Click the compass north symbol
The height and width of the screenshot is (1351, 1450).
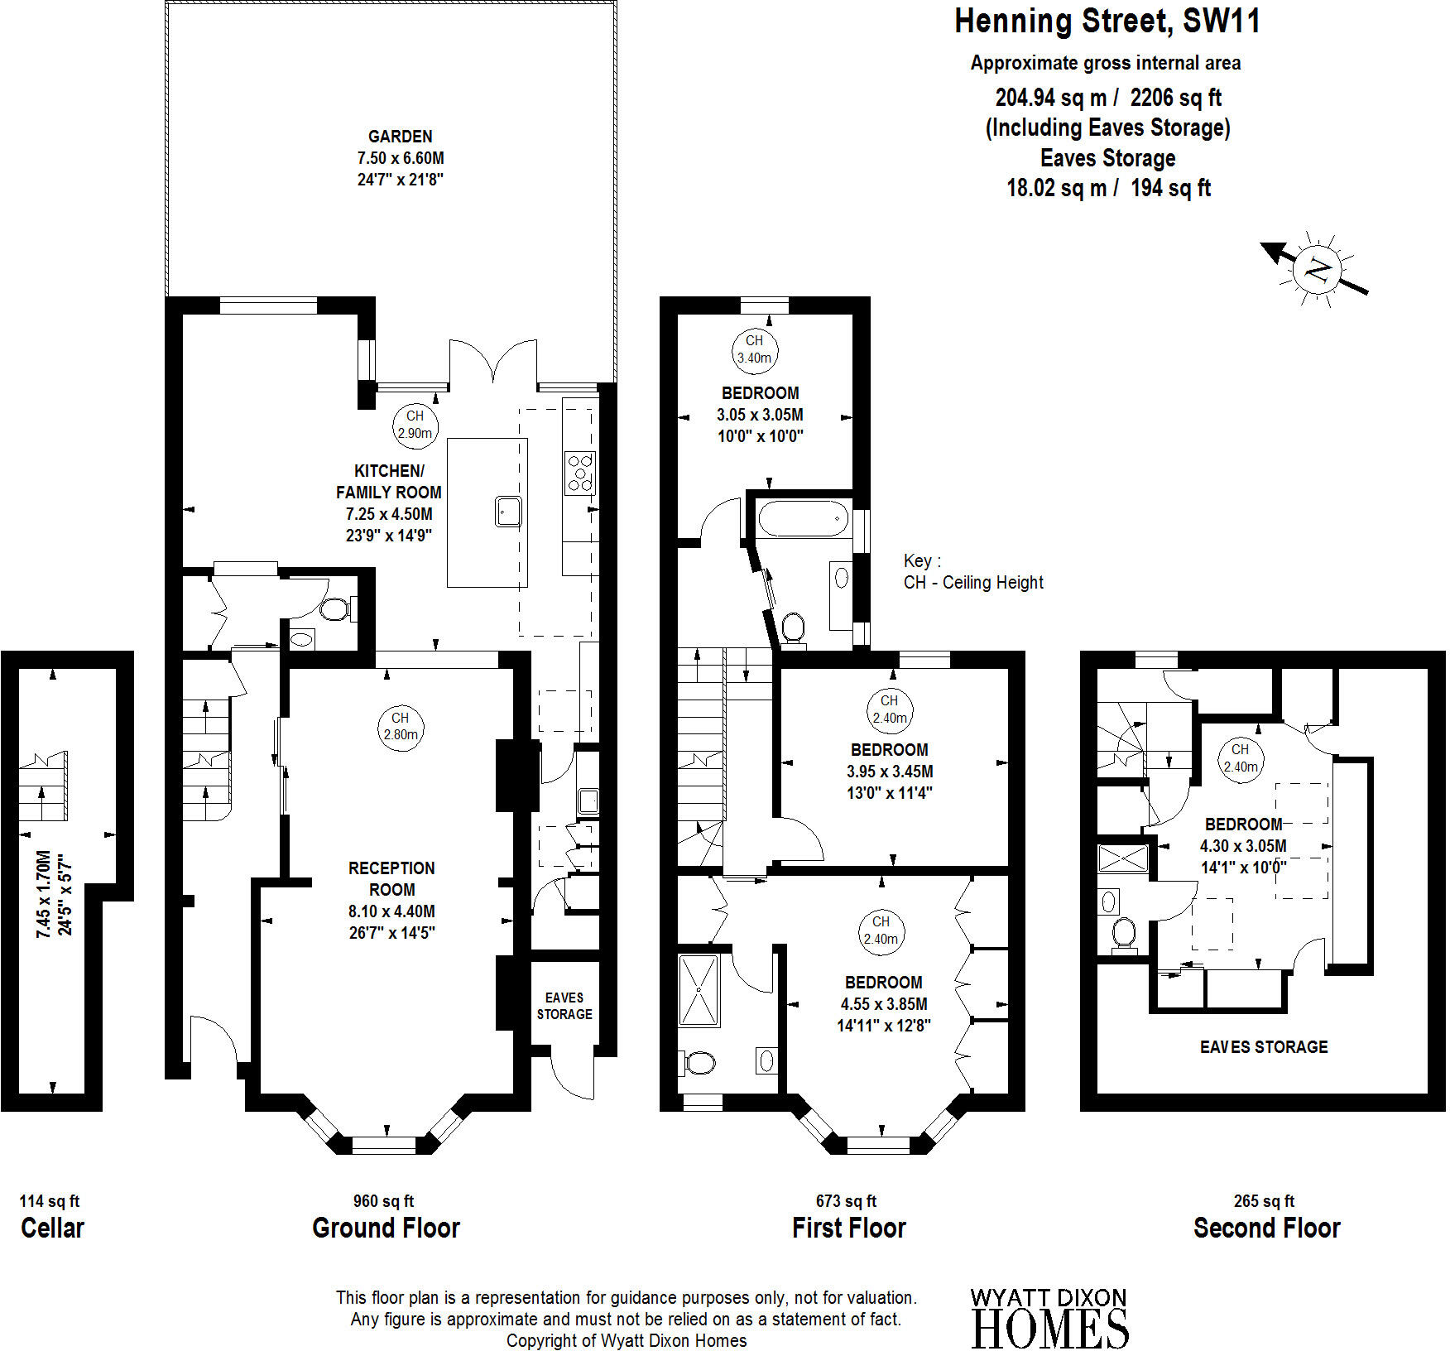point(1315,270)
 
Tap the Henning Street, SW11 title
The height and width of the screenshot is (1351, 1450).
point(1107,21)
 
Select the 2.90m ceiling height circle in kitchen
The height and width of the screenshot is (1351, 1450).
point(415,425)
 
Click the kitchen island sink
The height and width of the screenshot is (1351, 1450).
point(508,511)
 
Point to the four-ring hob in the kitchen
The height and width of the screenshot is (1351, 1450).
point(580,472)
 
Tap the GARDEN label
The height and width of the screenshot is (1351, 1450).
point(401,137)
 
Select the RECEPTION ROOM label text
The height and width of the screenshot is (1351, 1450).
point(391,878)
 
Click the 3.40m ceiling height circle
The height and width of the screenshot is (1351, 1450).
point(754,349)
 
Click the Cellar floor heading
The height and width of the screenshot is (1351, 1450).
point(52,1228)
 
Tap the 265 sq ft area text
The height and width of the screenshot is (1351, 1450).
point(1264,1201)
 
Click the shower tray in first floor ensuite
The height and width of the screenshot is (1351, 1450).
point(699,990)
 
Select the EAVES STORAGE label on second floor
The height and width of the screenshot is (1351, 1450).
point(1264,1047)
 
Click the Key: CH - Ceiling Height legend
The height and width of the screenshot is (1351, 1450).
point(973,572)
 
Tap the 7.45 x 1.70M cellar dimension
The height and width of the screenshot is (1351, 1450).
point(43,894)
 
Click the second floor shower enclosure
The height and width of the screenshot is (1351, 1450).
point(1123,858)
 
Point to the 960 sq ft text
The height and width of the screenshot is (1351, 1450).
point(383,1201)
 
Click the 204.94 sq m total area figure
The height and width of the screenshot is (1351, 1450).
point(1051,98)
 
